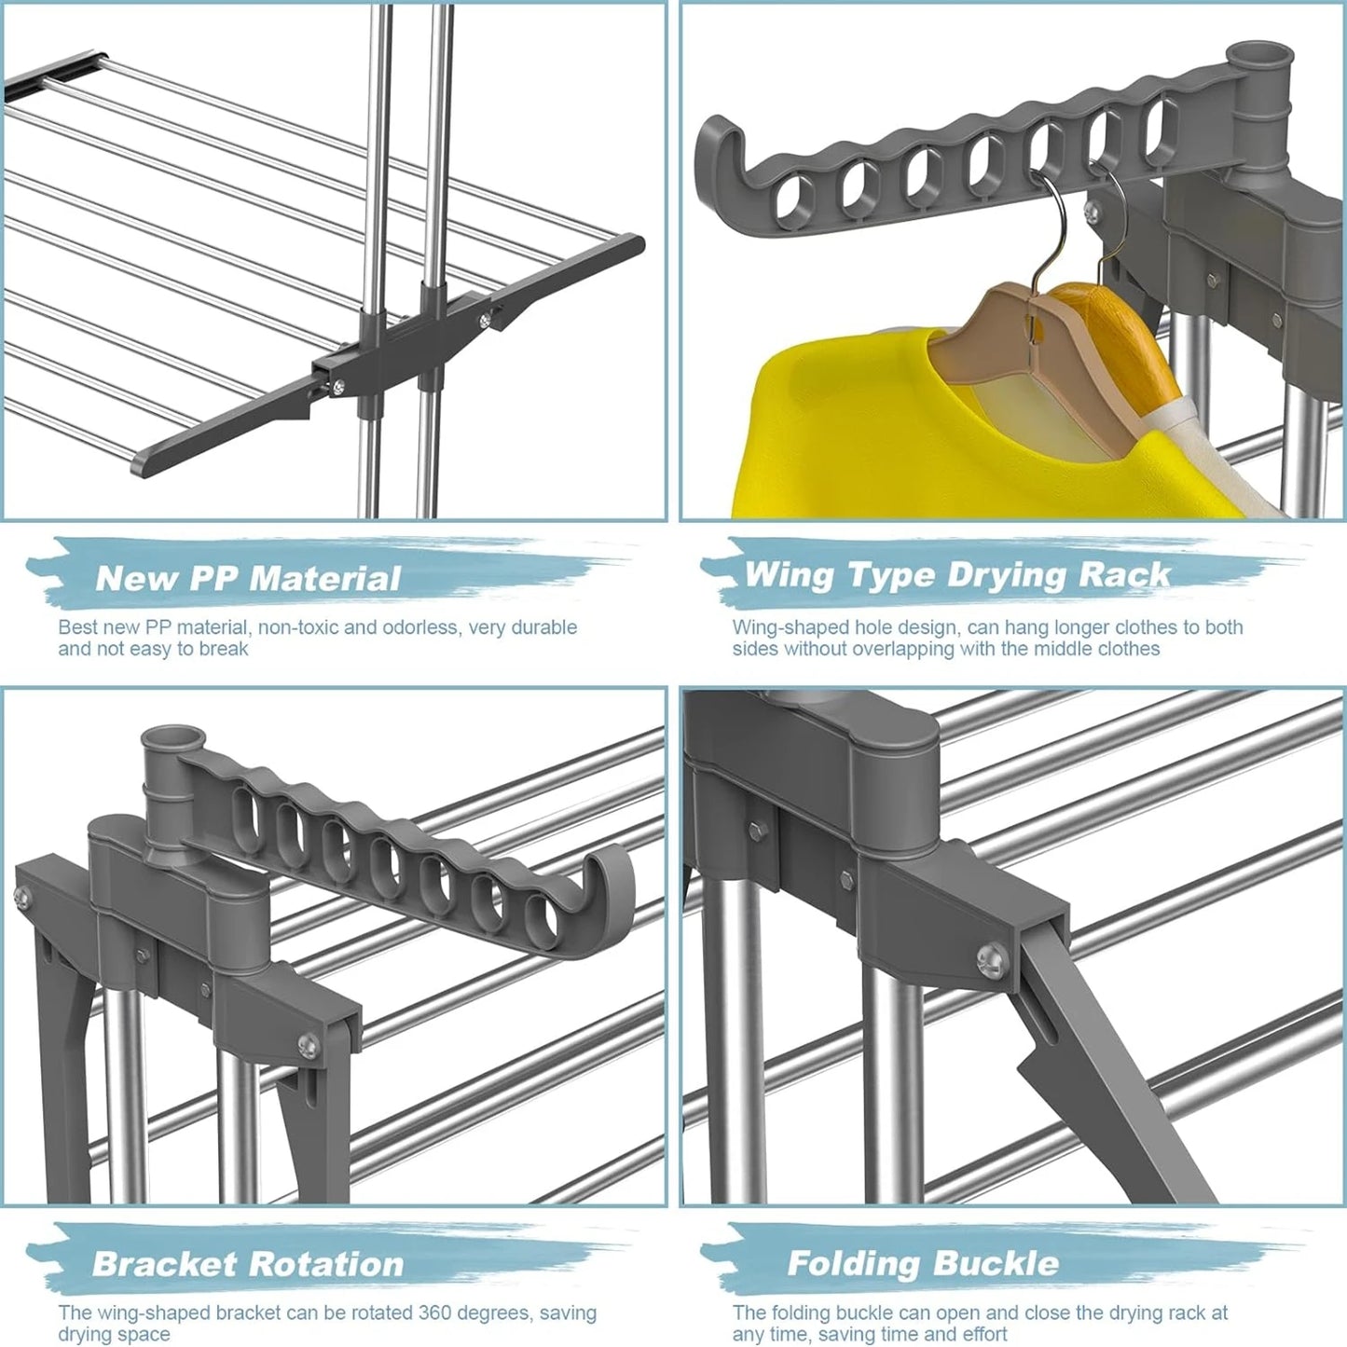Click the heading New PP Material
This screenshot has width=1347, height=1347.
click(x=248, y=578)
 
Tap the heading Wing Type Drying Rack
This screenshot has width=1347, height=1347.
click(x=957, y=574)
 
